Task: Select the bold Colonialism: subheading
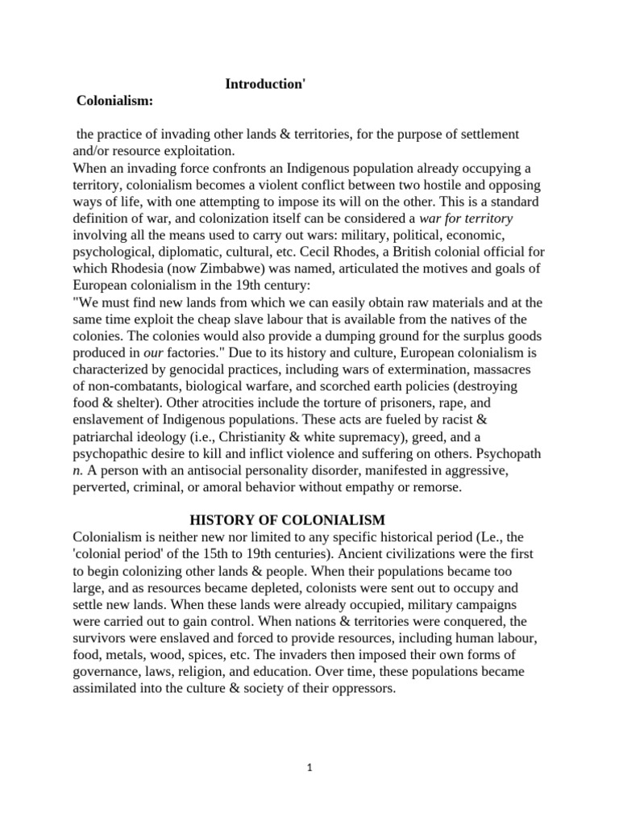coord(114,101)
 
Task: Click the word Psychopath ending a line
coord(509,453)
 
